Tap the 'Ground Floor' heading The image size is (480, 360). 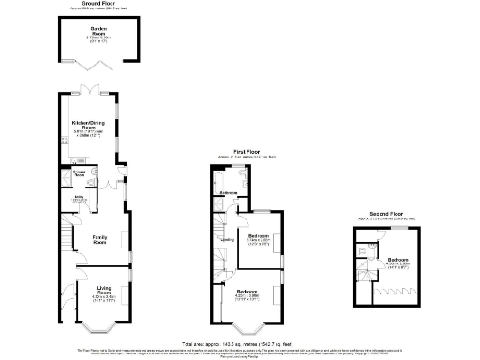click(92, 6)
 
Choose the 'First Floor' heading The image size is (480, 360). click(246, 151)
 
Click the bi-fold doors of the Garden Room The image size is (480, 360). click(92, 63)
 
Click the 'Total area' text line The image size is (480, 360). click(239, 344)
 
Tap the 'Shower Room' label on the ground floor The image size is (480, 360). click(80, 174)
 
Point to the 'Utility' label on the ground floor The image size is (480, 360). click(79, 197)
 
